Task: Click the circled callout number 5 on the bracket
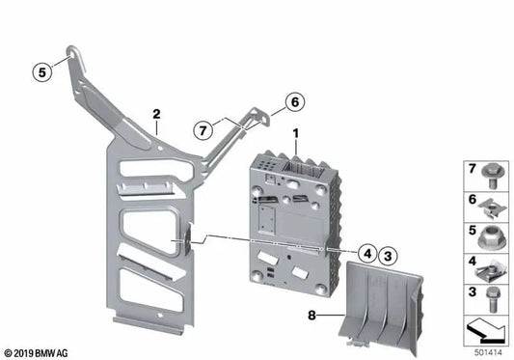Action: (41, 70)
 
